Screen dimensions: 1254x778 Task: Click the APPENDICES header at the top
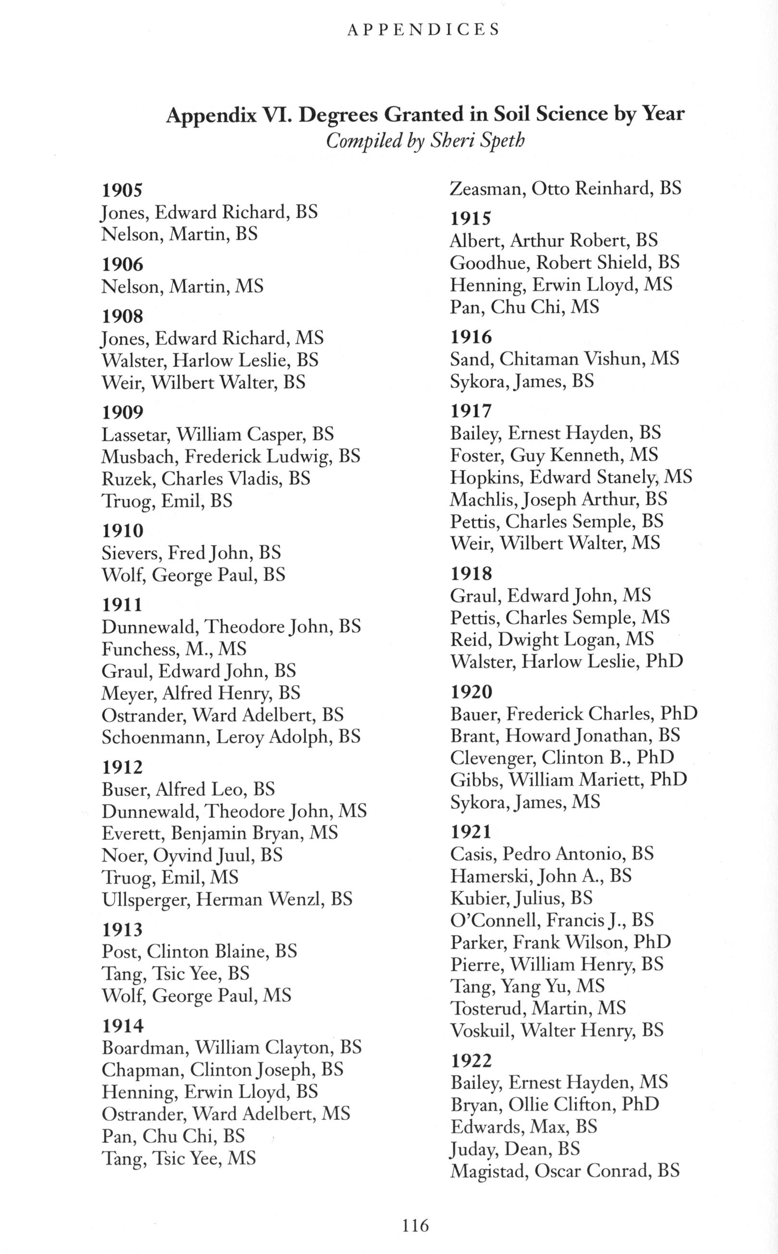click(x=423, y=29)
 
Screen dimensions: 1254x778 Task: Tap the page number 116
click(x=415, y=1225)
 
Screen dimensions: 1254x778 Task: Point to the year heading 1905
click(x=122, y=190)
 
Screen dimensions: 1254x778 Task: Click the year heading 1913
click(x=123, y=929)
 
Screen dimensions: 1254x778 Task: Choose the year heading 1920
click(x=471, y=692)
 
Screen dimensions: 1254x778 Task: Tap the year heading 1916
click(x=471, y=337)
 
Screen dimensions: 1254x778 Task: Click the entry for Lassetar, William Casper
click(x=218, y=434)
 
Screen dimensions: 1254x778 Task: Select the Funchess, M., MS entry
click(x=174, y=648)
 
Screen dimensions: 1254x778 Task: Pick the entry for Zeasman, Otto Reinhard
click(x=566, y=189)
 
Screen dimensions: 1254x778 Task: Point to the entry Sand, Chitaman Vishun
click(x=565, y=358)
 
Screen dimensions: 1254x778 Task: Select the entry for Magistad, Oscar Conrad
click(x=565, y=1171)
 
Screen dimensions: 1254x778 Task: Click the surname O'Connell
click(x=494, y=920)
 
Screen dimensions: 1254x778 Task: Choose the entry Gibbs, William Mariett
click(x=568, y=780)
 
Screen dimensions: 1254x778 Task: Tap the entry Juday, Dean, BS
click(x=515, y=1149)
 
